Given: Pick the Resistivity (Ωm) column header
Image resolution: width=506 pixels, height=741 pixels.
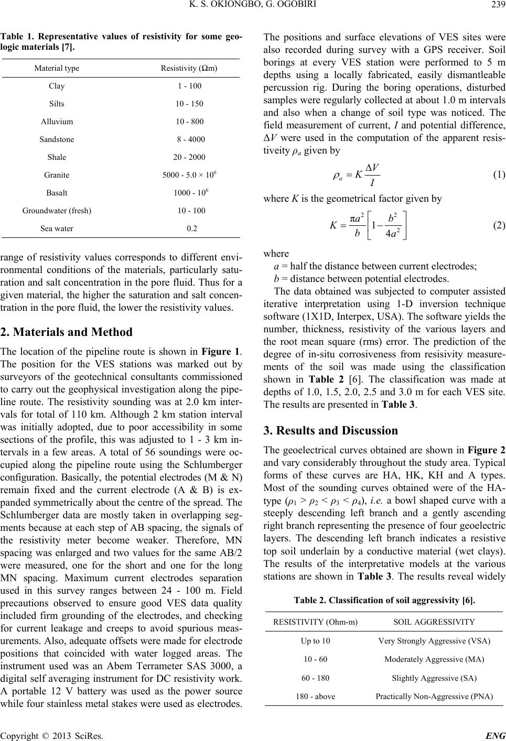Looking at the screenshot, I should pyautogui.click(x=188, y=68).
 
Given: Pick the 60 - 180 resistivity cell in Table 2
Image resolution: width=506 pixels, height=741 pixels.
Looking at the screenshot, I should pyautogui.click(x=315, y=678).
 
